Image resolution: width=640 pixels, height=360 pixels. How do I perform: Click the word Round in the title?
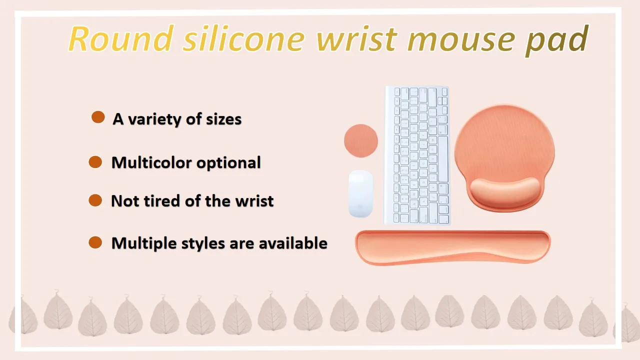(x=121, y=38)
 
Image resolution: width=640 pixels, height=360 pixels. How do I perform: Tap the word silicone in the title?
(x=244, y=38)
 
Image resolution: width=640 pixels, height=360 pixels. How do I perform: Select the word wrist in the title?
(x=356, y=39)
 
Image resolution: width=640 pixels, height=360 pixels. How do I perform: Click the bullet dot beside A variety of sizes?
(x=98, y=117)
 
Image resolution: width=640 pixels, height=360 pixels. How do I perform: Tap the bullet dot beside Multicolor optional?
(x=95, y=162)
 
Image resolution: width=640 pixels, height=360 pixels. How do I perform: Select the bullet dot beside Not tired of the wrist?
(x=95, y=200)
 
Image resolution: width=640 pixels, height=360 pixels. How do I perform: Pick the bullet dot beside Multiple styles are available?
(x=95, y=242)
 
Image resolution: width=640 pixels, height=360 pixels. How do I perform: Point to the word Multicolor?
(x=151, y=162)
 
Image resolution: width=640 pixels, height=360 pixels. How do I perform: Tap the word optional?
(x=228, y=163)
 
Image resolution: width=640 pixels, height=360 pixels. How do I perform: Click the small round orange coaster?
(x=361, y=140)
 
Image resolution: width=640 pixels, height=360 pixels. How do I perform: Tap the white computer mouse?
(x=360, y=193)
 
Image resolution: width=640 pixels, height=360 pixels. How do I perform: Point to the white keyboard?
(x=417, y=155)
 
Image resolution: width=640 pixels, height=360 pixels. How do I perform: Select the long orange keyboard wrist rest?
(x=453, y=247)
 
